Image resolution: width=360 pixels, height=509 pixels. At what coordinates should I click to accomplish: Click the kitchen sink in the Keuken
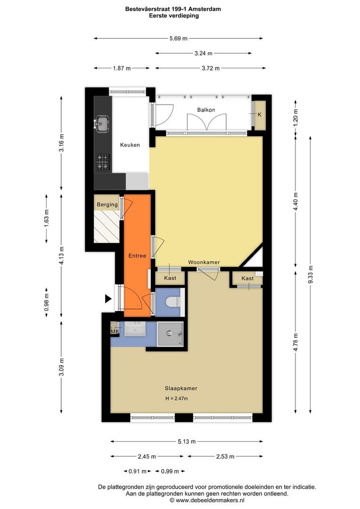[101, 124]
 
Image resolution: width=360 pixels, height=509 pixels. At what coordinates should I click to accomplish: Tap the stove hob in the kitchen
[102, 162]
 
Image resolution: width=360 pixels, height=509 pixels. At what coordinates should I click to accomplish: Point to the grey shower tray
[170, 334]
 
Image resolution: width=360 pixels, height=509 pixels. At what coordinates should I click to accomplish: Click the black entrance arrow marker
[108, 298]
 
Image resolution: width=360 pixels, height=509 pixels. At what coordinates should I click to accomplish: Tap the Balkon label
[206, 110]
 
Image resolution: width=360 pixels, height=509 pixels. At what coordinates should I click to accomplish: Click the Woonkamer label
[204, 262]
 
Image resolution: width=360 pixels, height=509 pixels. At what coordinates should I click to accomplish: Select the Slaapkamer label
[180, 388]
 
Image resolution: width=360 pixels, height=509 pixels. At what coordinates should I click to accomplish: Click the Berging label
[107, 205]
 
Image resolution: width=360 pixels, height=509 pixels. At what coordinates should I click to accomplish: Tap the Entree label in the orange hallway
[137, 255]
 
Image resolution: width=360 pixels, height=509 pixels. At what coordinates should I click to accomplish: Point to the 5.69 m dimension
[178, 38]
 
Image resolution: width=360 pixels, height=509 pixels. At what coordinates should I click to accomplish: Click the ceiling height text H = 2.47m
[176, 399]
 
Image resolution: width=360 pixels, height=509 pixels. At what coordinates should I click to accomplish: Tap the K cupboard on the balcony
[259, 115]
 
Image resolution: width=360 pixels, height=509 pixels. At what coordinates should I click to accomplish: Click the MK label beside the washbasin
[114, 332]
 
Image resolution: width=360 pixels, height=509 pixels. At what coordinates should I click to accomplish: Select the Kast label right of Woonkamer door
[247, 279]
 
